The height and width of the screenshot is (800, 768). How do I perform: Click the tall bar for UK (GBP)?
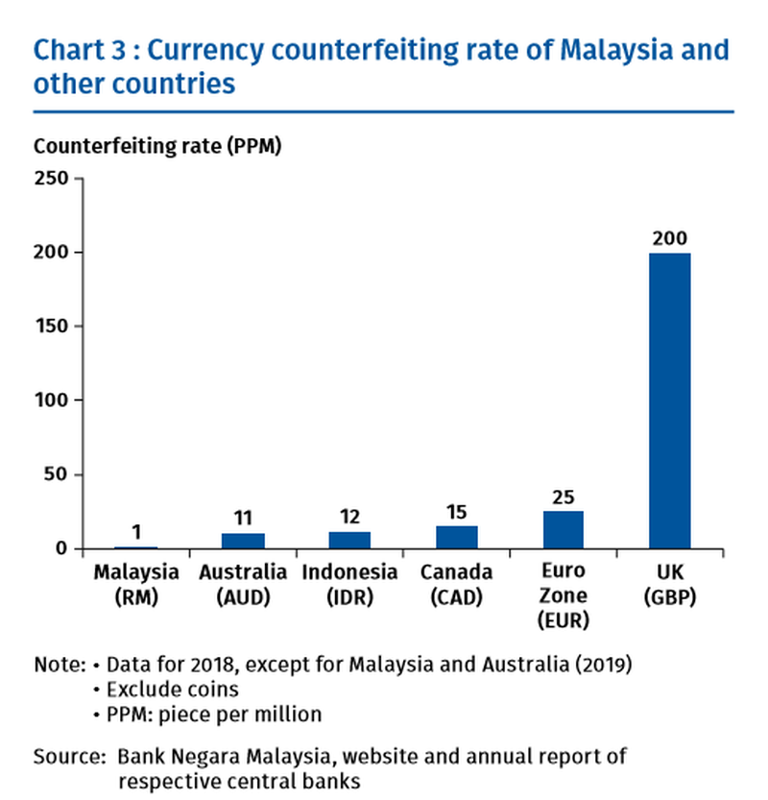(x=669, y=400)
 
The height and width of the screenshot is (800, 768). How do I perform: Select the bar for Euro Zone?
(x=563, y=530)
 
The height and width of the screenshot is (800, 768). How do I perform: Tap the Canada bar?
(x=456, y=537)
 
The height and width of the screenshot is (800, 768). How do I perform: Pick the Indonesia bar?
(x=349, y=540)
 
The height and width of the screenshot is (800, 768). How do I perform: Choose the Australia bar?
(x=243, y=541)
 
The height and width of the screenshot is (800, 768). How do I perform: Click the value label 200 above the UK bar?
(x=669, y=237)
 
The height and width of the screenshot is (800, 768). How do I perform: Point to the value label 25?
(x=563, y=497)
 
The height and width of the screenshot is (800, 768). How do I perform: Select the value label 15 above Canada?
(x=456, y=512)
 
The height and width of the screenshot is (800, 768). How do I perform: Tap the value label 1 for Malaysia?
(x=136, y=531)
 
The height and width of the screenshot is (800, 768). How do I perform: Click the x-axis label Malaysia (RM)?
(x=136, y=584)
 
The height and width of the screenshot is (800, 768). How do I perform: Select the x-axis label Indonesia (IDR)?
(x=349, y=584)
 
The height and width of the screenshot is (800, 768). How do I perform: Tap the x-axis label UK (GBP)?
(x=669, y=584)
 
